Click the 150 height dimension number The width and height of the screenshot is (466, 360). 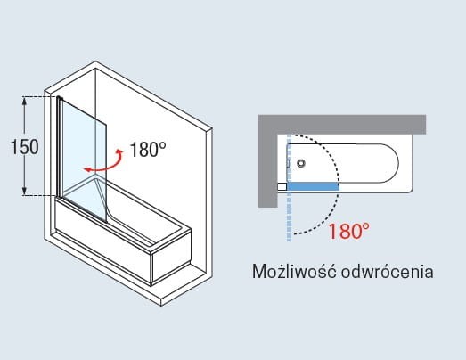[24, 146]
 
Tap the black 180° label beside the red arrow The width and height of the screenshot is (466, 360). [148, 149]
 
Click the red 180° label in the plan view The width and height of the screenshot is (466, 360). [349, 232]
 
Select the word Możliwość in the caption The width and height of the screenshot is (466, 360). [294, 271]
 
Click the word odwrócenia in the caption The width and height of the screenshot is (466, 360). [387, 272]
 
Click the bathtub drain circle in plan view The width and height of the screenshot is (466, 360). [301, 163]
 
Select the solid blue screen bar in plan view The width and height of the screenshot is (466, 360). [313, 186]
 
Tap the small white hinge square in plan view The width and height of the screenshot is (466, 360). [282, 187]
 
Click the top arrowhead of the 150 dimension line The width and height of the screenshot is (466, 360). [25, 101]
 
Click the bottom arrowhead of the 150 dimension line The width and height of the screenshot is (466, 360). [25, 192]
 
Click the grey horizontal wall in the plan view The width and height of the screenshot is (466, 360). [342, 124]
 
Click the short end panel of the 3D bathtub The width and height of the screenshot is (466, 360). [171, 258]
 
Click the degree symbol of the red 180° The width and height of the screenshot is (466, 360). [366, 226]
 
